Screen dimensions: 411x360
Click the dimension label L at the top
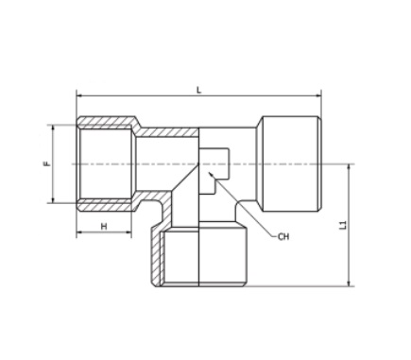[198, 90]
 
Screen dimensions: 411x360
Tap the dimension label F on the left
[47, 163]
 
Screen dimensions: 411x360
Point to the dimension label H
[104, 226]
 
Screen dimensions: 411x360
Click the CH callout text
[283, 236]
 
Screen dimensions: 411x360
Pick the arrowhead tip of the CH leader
[209, 172]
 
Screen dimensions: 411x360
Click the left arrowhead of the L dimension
[79, 95]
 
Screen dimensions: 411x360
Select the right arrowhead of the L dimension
[318, 95]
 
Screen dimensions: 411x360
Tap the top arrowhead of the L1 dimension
[349, 167]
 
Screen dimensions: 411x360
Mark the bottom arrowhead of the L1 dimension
[349, 283]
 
